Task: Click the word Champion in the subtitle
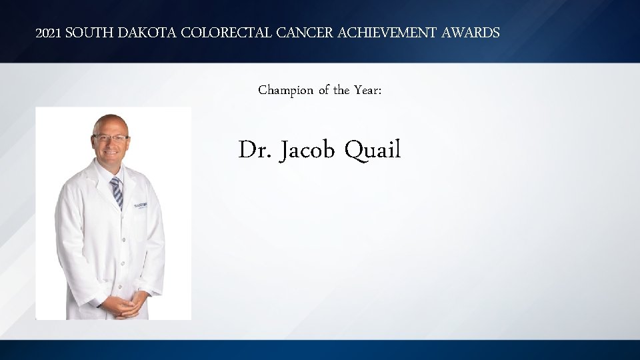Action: (x=285, y=90)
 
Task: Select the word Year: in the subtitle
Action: (x=367, y=90)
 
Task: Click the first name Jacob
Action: (x=307, y=151)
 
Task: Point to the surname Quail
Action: (x=373, y=151)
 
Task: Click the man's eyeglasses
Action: (x=111, y=138)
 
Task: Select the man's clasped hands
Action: (x=121, y=306)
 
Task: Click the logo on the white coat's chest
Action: (x=142, y=205)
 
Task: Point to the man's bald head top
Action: (x=110, y=120)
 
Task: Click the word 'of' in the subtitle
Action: (x=323, y=90)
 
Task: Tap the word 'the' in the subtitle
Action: (x=341, y=90)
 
